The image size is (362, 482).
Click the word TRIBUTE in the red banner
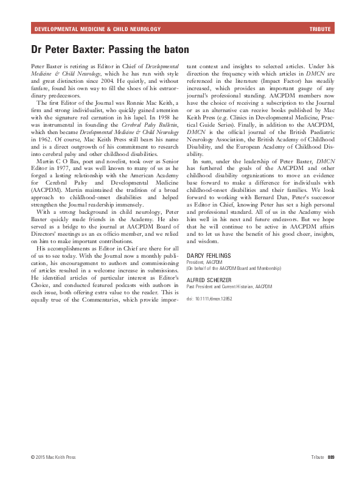point(320,29)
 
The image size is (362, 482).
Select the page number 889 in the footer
point(331,456)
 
